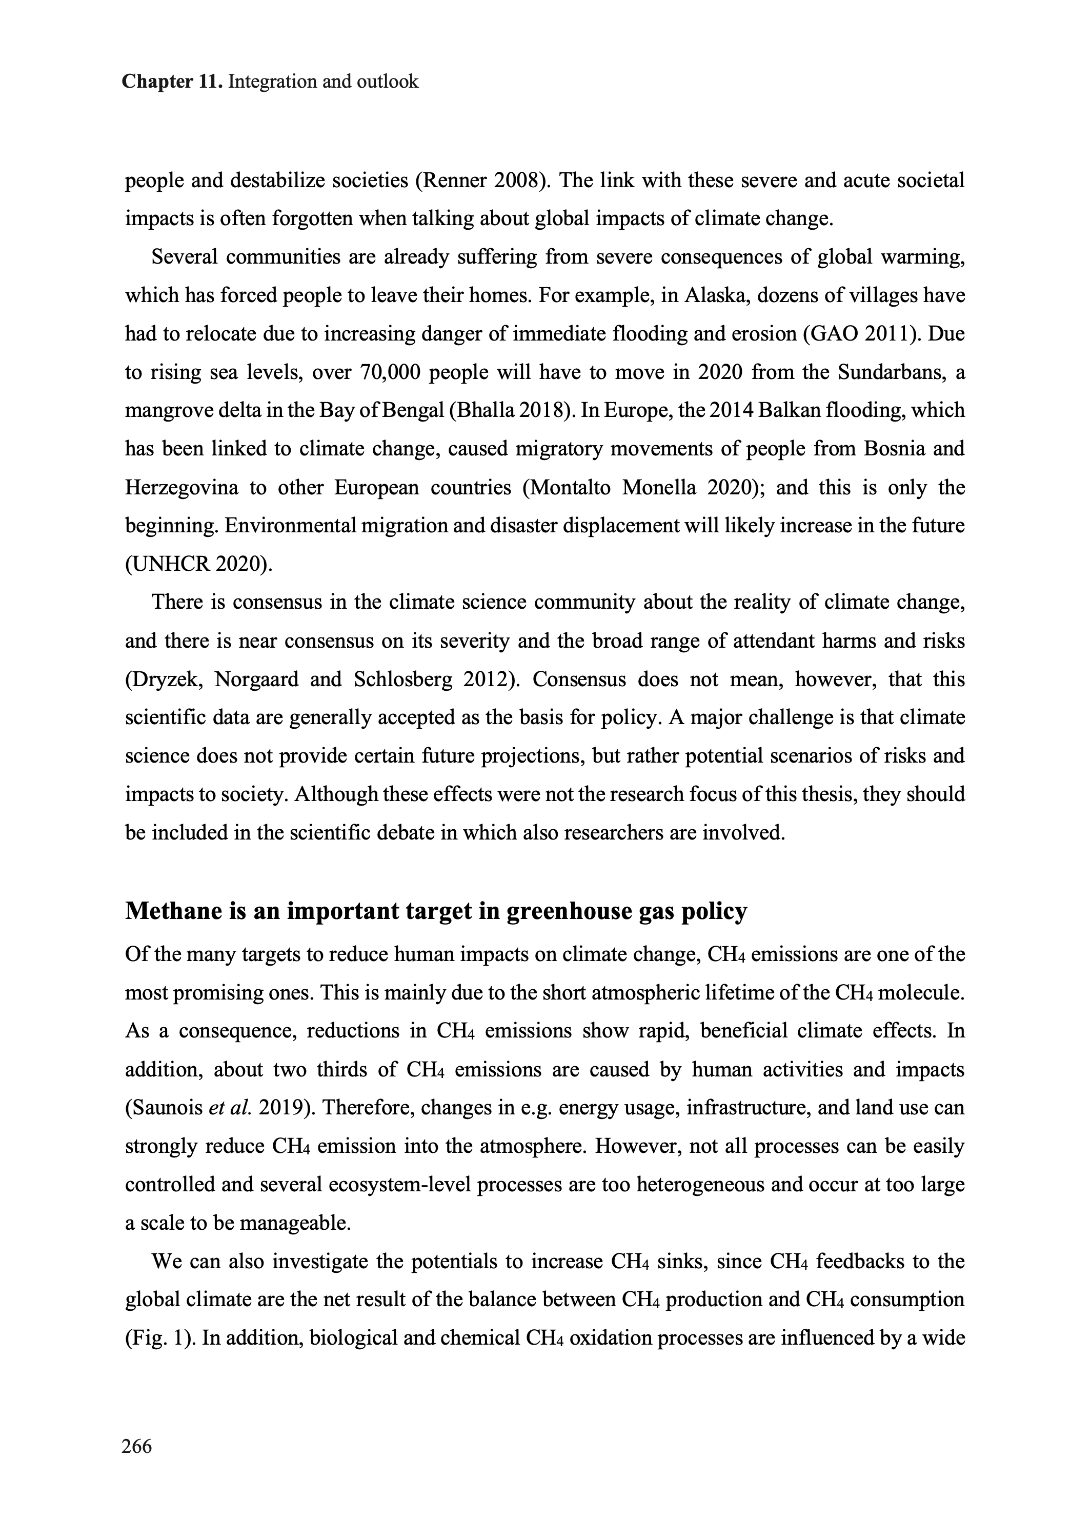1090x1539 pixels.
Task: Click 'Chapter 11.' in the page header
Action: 172,82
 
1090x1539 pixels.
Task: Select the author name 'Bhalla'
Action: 485,411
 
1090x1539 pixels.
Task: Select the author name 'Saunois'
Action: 165,1107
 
